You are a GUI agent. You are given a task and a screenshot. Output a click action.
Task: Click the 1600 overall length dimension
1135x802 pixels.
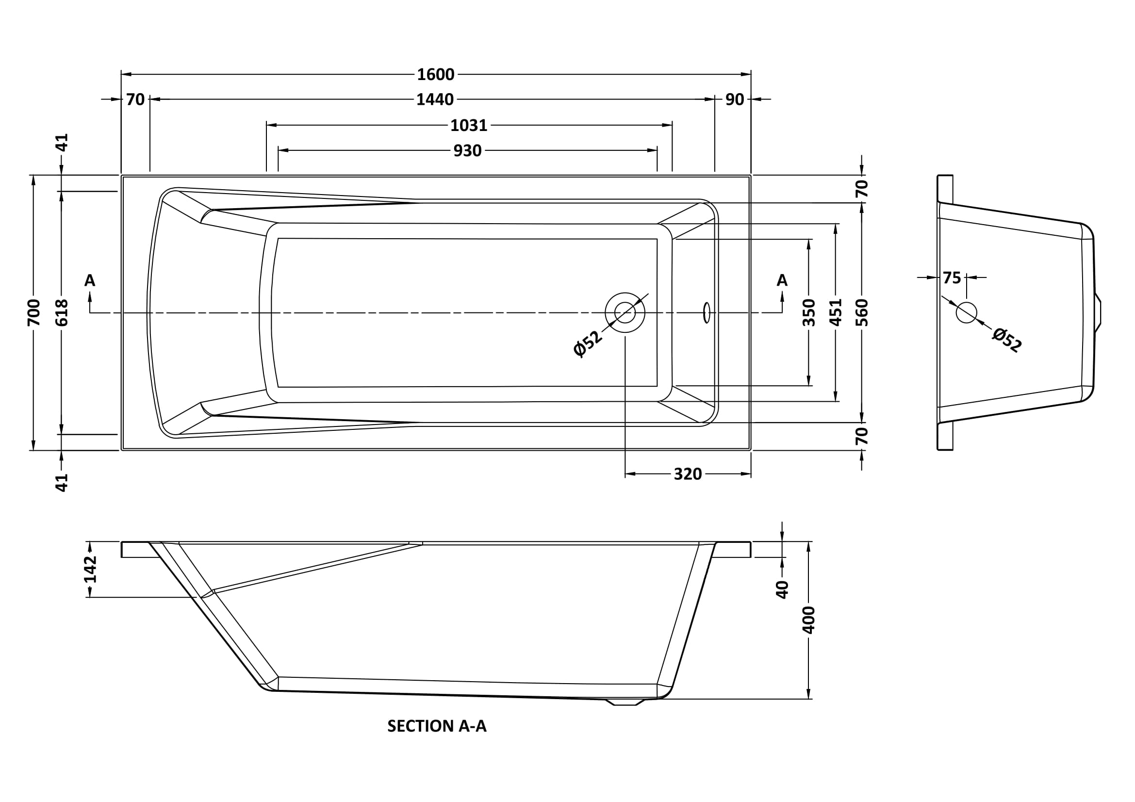click(x=435, y=75)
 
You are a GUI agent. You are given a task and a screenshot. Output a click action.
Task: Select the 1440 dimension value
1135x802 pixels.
click(x=434, y=100)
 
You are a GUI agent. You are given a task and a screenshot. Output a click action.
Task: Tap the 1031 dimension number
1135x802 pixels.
click(x=469, y=126)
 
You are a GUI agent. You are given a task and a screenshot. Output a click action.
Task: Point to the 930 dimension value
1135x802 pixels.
click(x=467, y=151)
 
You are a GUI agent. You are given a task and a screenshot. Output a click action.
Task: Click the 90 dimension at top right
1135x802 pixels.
click(x=735, y=100)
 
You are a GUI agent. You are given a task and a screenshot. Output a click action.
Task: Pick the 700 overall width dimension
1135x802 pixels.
click(x=33, y=312)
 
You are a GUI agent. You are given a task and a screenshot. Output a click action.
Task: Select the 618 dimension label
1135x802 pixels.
click(x=61, y=312)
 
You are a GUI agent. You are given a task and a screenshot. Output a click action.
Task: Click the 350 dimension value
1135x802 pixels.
click(x=809, y=312)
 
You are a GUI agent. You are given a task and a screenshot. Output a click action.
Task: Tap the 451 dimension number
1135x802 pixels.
click(x=836, y=312)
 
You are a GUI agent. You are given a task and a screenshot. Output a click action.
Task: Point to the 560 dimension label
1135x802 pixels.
click(x=862, y=312)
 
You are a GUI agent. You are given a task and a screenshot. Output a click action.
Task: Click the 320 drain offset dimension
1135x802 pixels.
click(x=688, y=475)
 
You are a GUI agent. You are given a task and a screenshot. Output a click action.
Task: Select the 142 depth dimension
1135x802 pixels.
click(x=90, y=569)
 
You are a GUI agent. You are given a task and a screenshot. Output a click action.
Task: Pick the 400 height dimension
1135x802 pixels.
click(x=809, y=620)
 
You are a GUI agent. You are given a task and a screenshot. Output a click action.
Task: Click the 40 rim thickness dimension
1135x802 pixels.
click(x=782, y=589)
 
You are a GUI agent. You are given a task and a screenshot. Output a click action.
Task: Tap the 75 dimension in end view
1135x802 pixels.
click(x=952, y=278)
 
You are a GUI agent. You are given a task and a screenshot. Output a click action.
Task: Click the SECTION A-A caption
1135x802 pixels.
click(x=437, y=726)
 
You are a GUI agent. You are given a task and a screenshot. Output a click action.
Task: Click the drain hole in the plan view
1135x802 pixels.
click(x=625, y=312)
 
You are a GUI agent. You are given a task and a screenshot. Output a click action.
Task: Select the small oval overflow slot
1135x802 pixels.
click(x=707, y=312)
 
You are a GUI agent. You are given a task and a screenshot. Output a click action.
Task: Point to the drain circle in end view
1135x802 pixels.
click(x=967, y=312)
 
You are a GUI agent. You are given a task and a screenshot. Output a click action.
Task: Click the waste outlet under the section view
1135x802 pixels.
click(x=625, y=702)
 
